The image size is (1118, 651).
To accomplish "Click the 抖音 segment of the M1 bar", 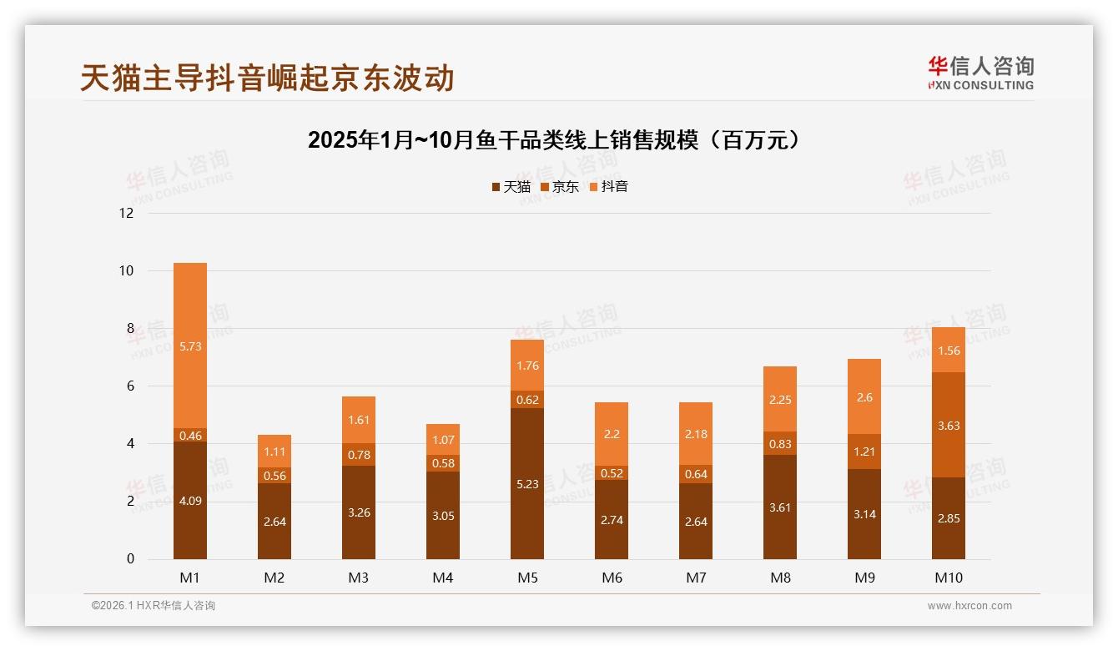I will coord(190,367).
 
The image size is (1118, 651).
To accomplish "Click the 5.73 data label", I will coord(190,346).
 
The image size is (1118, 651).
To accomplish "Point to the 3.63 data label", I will coord(949,426).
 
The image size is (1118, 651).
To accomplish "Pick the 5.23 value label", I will coord(527,507).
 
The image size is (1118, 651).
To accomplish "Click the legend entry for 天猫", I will coord(511,187).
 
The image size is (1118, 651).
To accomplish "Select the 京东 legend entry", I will coord(560,187).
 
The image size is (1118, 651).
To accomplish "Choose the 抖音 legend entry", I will coord(609,187).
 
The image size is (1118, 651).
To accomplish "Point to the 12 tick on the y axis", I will coord(126,213).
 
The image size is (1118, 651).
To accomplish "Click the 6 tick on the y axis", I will coord(129,386).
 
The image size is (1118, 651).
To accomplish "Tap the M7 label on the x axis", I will coord(696,578).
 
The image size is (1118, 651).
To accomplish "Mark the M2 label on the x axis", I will coord(274,578).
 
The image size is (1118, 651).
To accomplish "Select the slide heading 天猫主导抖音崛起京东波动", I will coord(267,78).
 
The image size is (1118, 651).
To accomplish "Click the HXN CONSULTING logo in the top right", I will coord(980,73).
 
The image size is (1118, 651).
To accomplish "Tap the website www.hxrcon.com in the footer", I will coord(969,606).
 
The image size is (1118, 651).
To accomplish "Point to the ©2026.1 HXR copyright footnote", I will coord(154,606).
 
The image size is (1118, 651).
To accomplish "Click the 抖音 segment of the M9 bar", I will coord(864,396).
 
